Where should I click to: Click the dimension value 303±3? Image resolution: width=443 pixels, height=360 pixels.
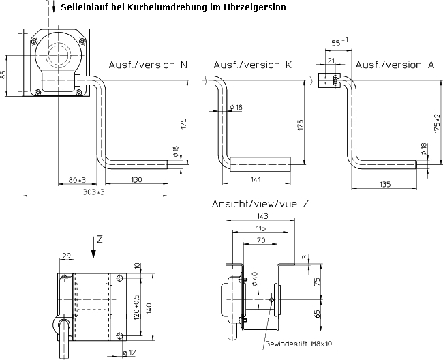[94, 192]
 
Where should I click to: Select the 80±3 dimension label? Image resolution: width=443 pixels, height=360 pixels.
[77, 180]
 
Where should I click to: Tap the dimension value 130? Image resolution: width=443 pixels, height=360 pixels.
[136, 180]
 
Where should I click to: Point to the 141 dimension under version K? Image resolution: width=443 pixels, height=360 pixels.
[256, 179]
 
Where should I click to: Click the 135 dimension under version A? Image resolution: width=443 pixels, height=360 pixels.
[385, 185]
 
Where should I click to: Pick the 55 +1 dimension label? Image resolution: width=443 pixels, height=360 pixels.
[340, 42]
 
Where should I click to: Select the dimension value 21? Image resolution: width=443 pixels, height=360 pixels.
[331, 61]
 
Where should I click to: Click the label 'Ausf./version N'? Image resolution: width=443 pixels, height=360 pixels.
[148, 65]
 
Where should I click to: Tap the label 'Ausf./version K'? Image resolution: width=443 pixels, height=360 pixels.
[253, 65]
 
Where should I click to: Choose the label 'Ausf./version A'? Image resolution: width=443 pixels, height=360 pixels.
[395, 65]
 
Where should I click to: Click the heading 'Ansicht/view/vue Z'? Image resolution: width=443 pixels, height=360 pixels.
[260, 203]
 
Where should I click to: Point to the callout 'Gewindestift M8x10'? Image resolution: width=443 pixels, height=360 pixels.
[299, 344]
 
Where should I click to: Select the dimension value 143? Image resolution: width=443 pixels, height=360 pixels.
[262, 216]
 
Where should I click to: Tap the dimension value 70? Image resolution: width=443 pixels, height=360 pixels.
[261, 240]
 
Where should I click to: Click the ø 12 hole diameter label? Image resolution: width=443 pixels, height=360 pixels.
[129, 352]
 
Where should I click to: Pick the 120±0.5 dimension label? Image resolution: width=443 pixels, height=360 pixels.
[136, 307]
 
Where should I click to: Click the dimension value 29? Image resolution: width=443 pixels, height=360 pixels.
[66, 256]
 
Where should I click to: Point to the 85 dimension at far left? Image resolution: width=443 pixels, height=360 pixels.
[3, 74]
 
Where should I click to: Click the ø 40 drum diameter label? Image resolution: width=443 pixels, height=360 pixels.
[254, 279]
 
